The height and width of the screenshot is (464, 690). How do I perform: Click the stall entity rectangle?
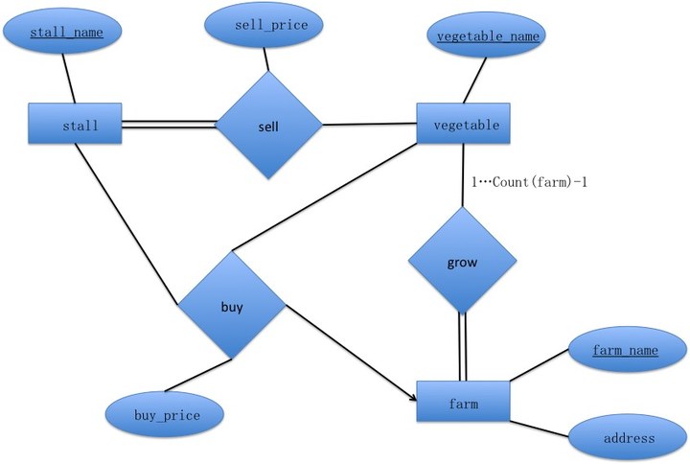(x=76, y=125)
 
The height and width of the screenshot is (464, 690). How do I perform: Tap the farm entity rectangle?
(x=463, y=403)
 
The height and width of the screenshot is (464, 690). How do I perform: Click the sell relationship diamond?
(x=268, y=126)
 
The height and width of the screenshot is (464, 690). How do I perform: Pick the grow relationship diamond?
(x=462, y=260)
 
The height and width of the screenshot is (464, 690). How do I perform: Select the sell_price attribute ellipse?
(x=270, y=25)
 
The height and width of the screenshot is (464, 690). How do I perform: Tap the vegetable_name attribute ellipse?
(x=487, y=36)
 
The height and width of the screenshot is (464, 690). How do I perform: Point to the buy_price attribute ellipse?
(x=166, y=414)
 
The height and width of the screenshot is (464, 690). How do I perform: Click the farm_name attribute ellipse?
(x=625, y=350)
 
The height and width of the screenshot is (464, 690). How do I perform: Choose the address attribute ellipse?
(x=629, y=438)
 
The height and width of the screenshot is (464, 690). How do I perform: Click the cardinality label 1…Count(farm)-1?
(x=521, y=180)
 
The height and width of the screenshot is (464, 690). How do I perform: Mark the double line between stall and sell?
(x=170, y=124)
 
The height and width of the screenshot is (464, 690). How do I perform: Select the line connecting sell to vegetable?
(x=369, y=125)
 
